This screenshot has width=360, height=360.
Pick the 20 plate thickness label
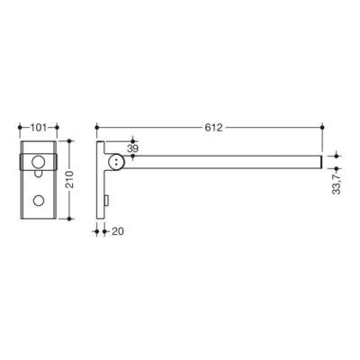point(118,231)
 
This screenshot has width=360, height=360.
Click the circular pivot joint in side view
point(117,162)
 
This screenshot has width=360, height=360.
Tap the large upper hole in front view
point(39,161)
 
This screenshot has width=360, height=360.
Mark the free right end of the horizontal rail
point(320,162)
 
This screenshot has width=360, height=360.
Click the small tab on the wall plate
point(106,199)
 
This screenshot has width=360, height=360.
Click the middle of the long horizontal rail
point(225,162)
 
